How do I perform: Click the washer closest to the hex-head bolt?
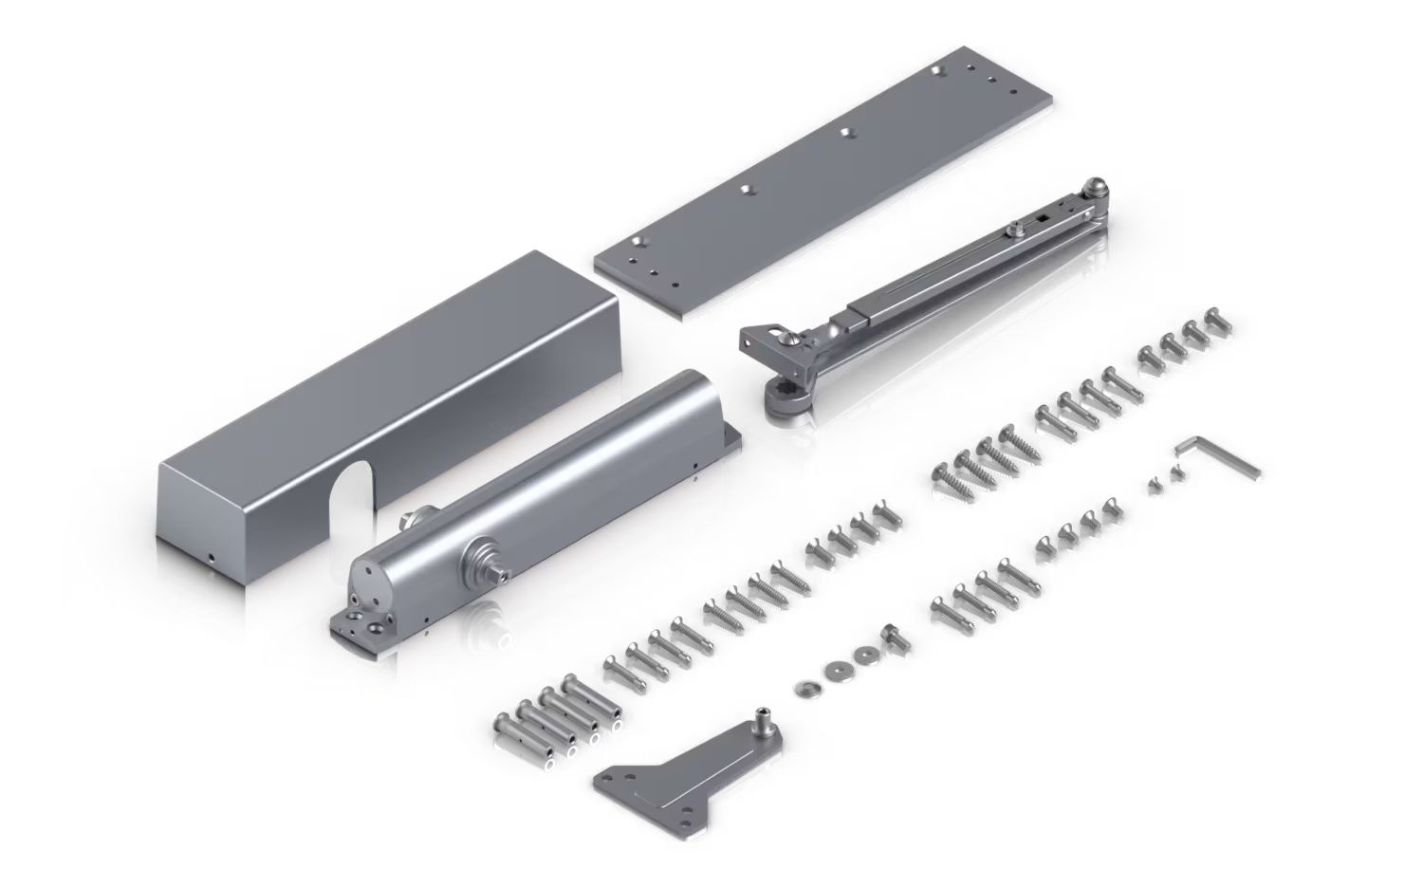pos(864,656)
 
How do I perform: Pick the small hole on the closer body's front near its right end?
pos(694,466)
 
